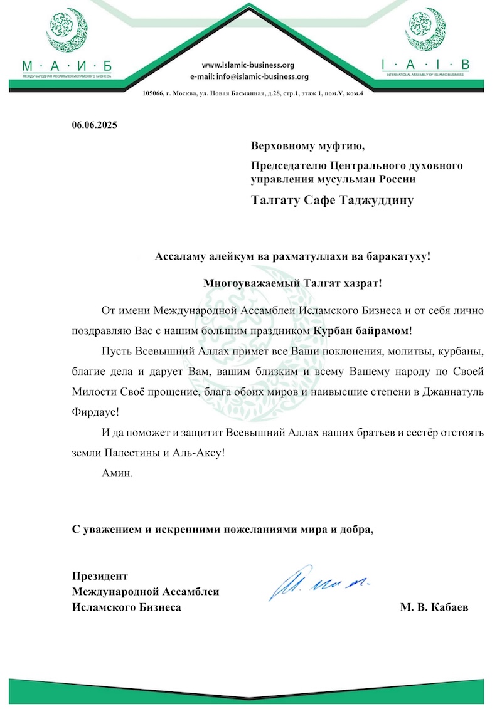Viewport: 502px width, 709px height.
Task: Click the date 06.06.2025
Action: tap(94, 124)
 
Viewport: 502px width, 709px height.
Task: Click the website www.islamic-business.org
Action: tap(248, 65)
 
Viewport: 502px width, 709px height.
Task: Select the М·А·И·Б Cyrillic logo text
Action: tap(66, 65)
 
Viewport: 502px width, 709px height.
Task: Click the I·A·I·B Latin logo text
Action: tap(425, 65)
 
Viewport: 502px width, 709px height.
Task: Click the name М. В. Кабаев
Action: tap(434, 607)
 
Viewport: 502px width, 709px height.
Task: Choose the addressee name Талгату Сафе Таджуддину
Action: tap(333, 201)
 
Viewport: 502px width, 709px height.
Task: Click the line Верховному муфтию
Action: tap(307, 147)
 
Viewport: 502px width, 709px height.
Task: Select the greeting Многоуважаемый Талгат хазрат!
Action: tap(292, 283)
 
